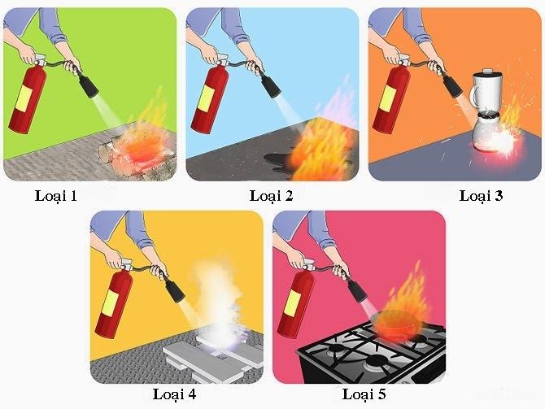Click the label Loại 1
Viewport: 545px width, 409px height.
click(x=55, y=196)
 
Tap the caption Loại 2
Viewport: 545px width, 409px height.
click(x=271, y=196)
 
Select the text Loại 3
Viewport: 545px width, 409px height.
click(x=481, y=196)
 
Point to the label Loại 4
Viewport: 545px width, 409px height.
click(x=174, y=394)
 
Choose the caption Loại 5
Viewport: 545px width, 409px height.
click(x=364, y=394)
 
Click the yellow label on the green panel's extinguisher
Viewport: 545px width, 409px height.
click(x=25, y=98)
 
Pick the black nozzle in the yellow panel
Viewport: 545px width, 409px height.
click(x=175, y=289)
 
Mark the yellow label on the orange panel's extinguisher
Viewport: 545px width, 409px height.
click(x=389, y=98)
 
